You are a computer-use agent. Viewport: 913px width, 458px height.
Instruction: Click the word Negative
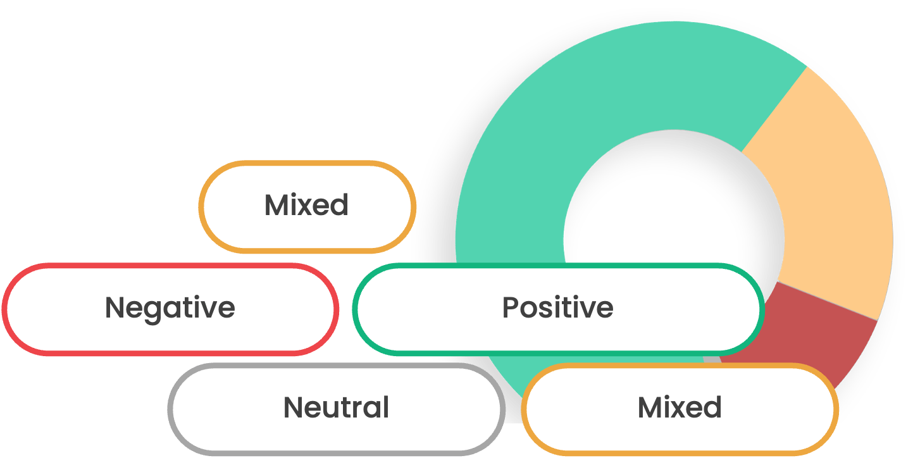coord(170,308)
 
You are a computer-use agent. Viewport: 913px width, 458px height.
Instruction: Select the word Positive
coord(557,308)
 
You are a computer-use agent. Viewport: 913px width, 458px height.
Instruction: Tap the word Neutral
coord(336,407)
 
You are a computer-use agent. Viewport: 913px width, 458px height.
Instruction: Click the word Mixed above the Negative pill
coord(306,206)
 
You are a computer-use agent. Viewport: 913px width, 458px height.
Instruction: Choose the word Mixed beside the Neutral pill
coord(680,407)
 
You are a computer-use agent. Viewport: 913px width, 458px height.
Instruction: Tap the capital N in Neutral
coord(293,407)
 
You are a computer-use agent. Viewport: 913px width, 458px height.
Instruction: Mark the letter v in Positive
coord(587,309)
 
